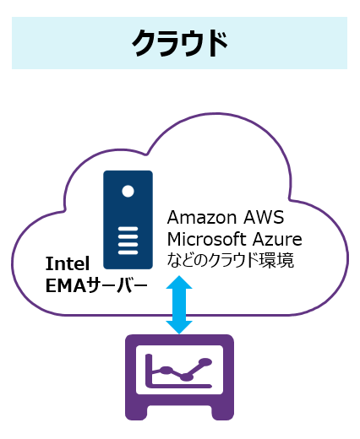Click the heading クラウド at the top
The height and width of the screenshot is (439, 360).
click(x=179, y=43)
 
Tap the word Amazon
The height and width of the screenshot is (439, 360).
click(x=202, y=218)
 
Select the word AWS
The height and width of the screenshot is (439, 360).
click(x=264, y=218)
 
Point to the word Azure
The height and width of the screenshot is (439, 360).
click(x=277, y=239)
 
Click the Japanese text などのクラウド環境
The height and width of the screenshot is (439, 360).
click(x=231, y=260)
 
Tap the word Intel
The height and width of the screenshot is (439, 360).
click(x=68, y=263)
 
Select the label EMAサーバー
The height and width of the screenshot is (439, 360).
click(x=96, y=285)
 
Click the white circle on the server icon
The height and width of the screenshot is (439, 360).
click(x=128, y=192)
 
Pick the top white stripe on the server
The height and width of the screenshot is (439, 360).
click(x=128, y=229)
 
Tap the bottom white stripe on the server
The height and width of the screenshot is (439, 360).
click(x=128, y=252)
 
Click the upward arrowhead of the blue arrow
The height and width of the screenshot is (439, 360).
click(x=179, y=282)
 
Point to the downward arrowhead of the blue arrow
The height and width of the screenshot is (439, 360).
click(x=179, y=328)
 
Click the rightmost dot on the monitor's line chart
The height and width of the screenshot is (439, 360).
click(x=205, y=362)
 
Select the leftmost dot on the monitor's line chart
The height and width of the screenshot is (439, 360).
click(x=166, y=371)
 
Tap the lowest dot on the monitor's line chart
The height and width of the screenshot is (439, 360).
click(x=186, y=377)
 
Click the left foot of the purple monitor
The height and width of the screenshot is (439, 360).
click(x=136, y=413)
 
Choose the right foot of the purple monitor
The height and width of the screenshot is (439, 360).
click(x=222, y=413)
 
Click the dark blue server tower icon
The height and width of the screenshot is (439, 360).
click(x=128, y=219)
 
